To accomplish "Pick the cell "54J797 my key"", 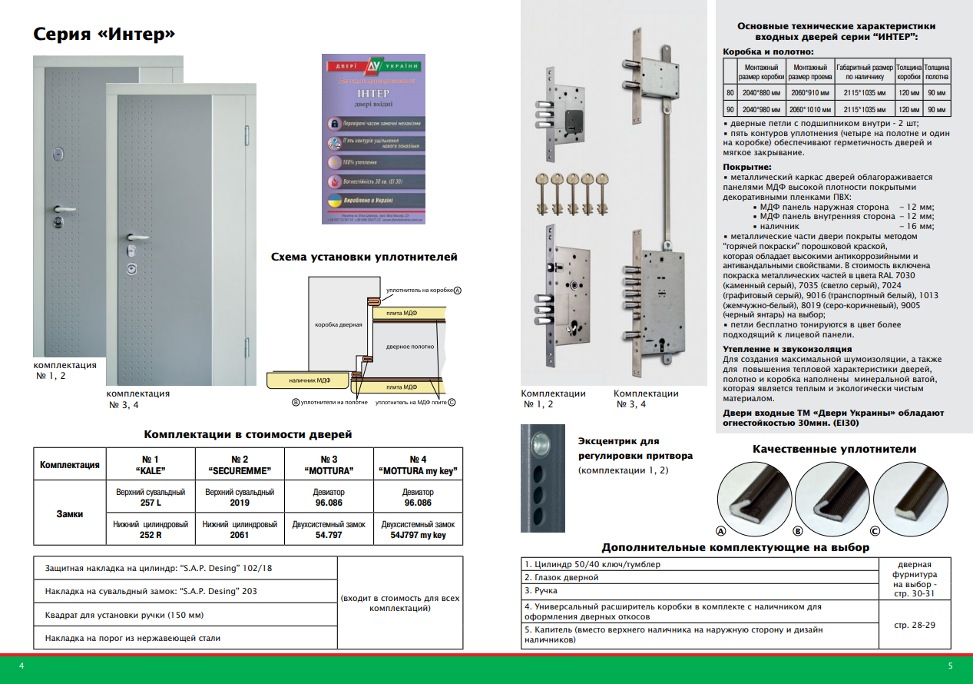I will [x=418, y=535].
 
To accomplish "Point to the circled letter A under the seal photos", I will [x=720, y=531].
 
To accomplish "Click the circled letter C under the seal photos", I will [x=875, y=531].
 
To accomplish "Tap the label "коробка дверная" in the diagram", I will [x=338, y=325].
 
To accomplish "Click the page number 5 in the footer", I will [x=951, y=666].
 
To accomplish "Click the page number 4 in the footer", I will [x=22, y=666].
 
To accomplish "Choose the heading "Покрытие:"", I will [x=747, y=167].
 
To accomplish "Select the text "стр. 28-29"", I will [x=913, y=626].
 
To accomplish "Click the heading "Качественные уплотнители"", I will [x=834, y=450].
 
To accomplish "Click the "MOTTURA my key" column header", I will [x=418, y=464].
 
